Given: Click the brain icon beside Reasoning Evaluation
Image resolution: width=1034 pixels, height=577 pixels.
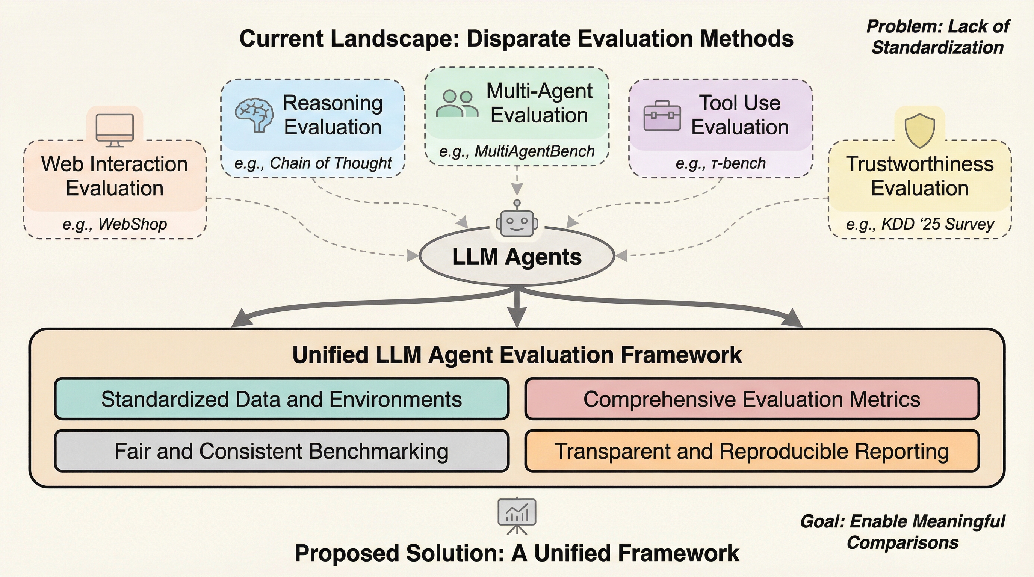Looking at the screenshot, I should (x=254, y=115).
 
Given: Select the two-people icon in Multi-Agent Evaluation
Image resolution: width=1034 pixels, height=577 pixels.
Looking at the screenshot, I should (x=457, y=104).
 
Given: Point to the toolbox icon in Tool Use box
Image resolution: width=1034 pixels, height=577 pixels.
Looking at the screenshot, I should (x=662, y=116).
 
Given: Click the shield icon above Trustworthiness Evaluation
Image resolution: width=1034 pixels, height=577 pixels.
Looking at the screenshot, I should (x=920, y=130).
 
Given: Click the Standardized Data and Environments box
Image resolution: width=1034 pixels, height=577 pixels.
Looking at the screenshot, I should (x=282, y=399).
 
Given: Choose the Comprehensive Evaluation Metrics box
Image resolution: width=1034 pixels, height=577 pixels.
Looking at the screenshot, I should (x=752, y=399).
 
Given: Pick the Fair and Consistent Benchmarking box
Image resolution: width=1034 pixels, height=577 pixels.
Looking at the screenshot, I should (x=282, y=451).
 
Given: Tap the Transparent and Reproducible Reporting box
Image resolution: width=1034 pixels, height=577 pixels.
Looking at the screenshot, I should (x=752, y=451).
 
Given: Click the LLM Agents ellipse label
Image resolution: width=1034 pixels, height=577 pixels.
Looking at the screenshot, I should (x=517, y=257).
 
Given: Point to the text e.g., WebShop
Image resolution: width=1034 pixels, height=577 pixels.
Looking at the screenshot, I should (x=115, y=224).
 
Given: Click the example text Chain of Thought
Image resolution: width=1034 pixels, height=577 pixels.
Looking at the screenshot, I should (x=330, y=163).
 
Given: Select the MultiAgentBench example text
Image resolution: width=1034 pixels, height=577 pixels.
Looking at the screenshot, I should (x=534, y=151).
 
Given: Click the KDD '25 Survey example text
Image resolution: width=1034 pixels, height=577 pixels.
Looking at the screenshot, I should (x=937, y=224).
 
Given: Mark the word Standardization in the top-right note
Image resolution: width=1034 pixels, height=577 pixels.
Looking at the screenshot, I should (x=938, y=47).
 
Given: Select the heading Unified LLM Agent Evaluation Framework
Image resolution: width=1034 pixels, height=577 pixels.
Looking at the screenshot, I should (x=517, y=355).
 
